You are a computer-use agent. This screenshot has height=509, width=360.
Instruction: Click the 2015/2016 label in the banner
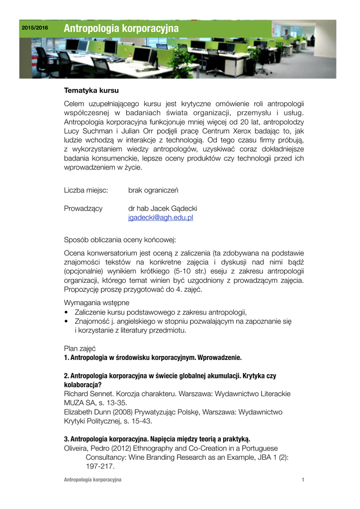click(x=35, y=28)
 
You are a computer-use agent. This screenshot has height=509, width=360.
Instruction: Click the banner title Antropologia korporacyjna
click(x=121, y=29)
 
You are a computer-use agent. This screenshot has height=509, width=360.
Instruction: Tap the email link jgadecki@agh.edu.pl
click(x=161, y=218)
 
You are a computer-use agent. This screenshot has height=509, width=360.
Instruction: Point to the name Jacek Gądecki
click(x=174, y=208)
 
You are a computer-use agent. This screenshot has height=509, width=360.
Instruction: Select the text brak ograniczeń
click(x=153, y=190)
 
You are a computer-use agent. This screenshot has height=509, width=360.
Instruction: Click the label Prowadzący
click(x=83, y=208)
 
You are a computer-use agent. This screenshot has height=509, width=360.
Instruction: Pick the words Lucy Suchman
click(x=87, y=131)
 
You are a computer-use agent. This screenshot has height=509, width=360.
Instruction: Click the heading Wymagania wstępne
click(x=97, y=303)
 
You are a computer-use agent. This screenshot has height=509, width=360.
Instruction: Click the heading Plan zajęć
click(x=80, y=348)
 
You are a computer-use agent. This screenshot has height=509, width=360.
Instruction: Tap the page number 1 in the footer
click(x=302, y=480)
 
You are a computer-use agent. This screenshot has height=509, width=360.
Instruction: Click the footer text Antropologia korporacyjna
click(x=93, y=480)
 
